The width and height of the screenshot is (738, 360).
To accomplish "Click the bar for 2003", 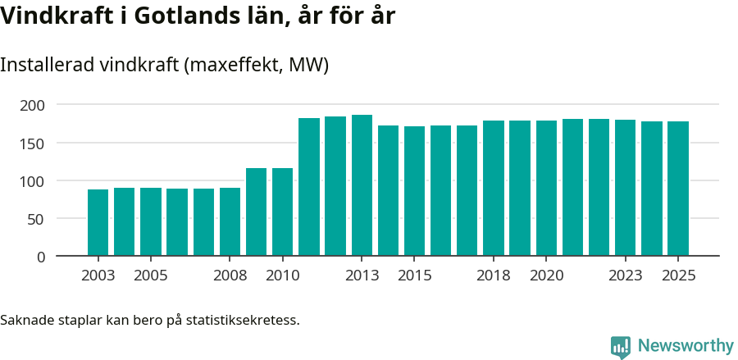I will (x=98, y=222).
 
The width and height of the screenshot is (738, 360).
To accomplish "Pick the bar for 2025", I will (x=677, y=189).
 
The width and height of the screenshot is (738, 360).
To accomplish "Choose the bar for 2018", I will (x=493, y=188).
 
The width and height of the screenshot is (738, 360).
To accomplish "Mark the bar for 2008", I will (x=230, y=221).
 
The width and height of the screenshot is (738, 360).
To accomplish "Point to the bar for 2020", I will (x=546, y=188).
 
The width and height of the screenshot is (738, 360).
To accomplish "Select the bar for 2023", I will (x=625, y=188).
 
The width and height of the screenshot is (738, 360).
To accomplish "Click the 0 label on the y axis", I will (x=40, y=257).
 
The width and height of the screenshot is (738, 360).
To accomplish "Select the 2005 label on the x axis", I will (x=151, y=276).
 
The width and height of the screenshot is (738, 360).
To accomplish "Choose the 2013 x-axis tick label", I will (x=362, y=276).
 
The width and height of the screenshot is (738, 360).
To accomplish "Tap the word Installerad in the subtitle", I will (x=46, y=65).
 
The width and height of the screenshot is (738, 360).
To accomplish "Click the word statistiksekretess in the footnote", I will (x=243, y=319).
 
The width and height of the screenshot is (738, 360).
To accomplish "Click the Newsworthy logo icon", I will (x=621, y=346).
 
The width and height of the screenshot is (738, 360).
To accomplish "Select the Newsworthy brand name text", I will (x=685, y=346).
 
